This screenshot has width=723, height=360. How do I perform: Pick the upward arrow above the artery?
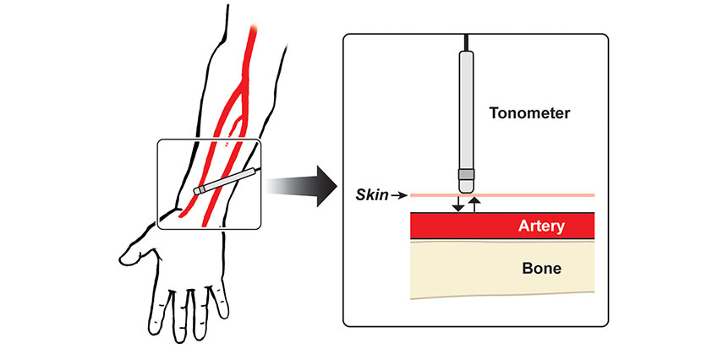[x=474, y=204]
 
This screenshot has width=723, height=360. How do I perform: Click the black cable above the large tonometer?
[x=466, y=42]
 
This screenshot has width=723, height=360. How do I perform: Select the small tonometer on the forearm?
[x=224, y=182]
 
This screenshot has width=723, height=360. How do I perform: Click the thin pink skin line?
[x=541, y=196]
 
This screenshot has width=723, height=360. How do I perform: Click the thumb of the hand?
[x=135, y=251]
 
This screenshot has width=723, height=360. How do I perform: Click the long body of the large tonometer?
[x=466, y=110]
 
